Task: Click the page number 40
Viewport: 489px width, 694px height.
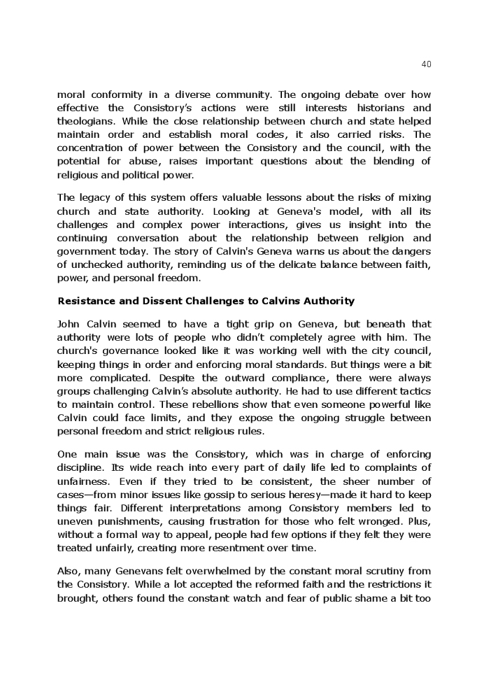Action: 427,64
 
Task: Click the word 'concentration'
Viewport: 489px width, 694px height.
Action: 90,148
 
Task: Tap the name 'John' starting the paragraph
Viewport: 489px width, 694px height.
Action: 69,324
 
